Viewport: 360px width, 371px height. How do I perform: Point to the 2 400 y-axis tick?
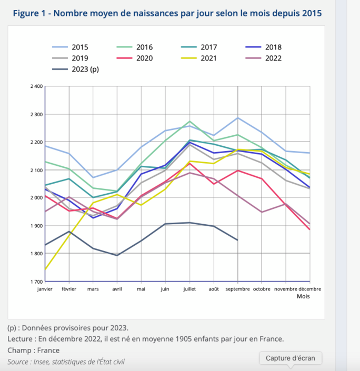coord(36,86)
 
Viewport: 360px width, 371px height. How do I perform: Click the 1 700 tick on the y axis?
coord(36,282)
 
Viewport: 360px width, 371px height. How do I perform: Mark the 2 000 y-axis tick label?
coord(36,198)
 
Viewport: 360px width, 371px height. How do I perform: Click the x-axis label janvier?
coord(45,288)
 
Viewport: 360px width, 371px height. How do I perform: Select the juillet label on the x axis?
coord(190,288)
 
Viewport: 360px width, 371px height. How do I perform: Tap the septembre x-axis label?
coord(238,288)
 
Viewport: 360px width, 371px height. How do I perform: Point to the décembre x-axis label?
coord(309,288)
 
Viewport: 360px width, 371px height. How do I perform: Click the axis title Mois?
coord(303,296)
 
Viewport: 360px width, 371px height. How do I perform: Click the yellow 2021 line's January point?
coord(45,269)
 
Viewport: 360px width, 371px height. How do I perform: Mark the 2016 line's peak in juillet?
coord(190,122)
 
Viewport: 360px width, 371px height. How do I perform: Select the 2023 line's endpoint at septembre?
coord(238,240)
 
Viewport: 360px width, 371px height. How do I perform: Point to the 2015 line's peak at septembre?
coord(238,118)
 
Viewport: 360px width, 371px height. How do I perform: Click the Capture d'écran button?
coord(290,358)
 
